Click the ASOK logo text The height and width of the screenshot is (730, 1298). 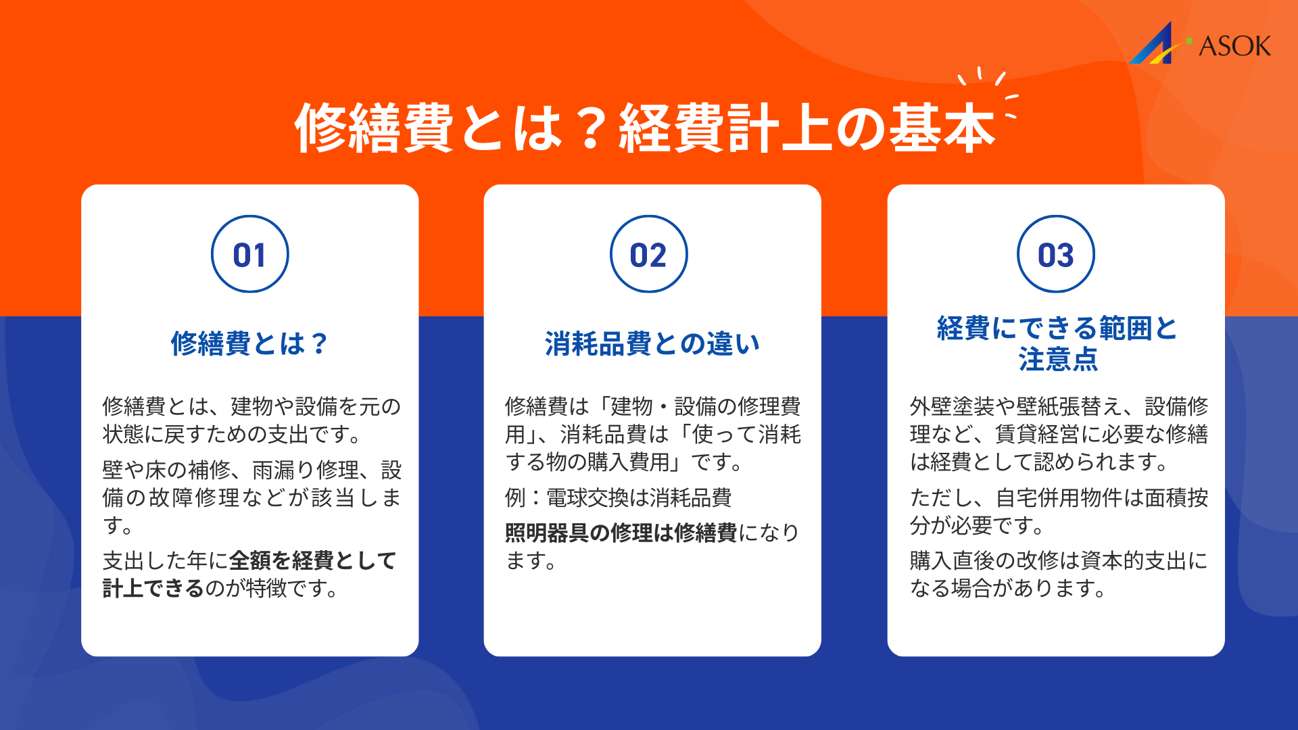click(x=1234, y=46)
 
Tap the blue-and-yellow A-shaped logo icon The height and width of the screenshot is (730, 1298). click(x=1155, y=45)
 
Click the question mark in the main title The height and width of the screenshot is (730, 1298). click(x=590, y=128)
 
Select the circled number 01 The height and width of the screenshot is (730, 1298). click(x=249, y=255)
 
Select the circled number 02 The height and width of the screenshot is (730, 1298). click(x=648, y=255)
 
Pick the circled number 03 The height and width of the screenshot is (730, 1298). click(x=1055, y=255)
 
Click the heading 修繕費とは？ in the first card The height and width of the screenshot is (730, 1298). click(x=249, y=343)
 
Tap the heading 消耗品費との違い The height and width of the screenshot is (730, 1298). click(x=652, y=343)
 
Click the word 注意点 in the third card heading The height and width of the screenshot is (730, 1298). click(x=1058, y=360)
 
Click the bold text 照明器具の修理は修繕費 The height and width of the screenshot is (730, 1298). click(x=621, y=533)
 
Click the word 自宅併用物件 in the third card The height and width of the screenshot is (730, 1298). click(x=1069, y=498)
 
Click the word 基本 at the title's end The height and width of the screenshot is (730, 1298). click(x=942, y=128)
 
